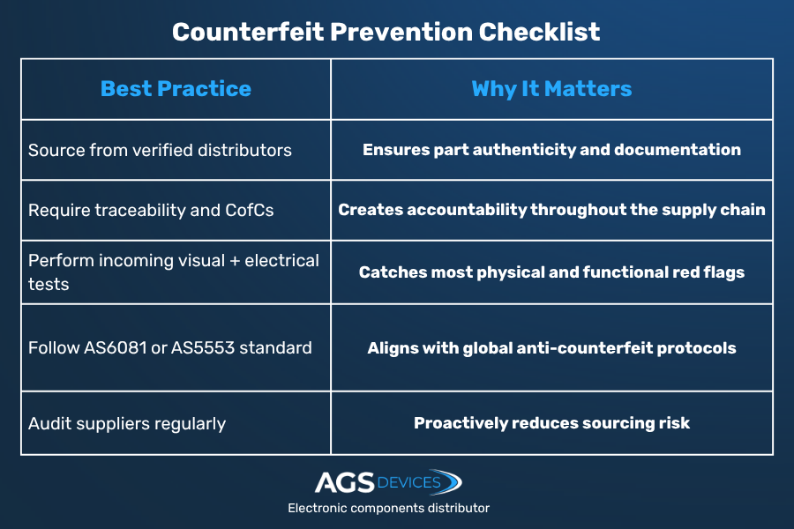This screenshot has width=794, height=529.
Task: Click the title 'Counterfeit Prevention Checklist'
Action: click(x=386, y=32)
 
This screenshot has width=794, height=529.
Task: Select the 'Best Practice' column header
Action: click(x=176, y=88)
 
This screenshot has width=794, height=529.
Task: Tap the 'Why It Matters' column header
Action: click(x=551, y=89)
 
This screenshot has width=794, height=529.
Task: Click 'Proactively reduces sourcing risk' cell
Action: click(x=551, y=423)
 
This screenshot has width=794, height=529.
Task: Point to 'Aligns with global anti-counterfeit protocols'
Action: click(x=551, y=348)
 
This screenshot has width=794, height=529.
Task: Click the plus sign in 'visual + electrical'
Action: click(x=235, y=261)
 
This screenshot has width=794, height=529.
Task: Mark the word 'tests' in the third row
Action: click(x=49, y=285)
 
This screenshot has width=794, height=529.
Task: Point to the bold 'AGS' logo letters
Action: click(x=344, y=482)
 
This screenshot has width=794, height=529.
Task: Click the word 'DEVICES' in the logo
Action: click(x=408, y=482)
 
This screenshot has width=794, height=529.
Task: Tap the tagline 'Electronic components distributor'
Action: click(x=388, y=508)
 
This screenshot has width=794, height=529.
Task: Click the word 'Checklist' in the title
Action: click(x=539, y=32)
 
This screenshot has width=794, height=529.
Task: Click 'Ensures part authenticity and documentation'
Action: click(x=551, y=150)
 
